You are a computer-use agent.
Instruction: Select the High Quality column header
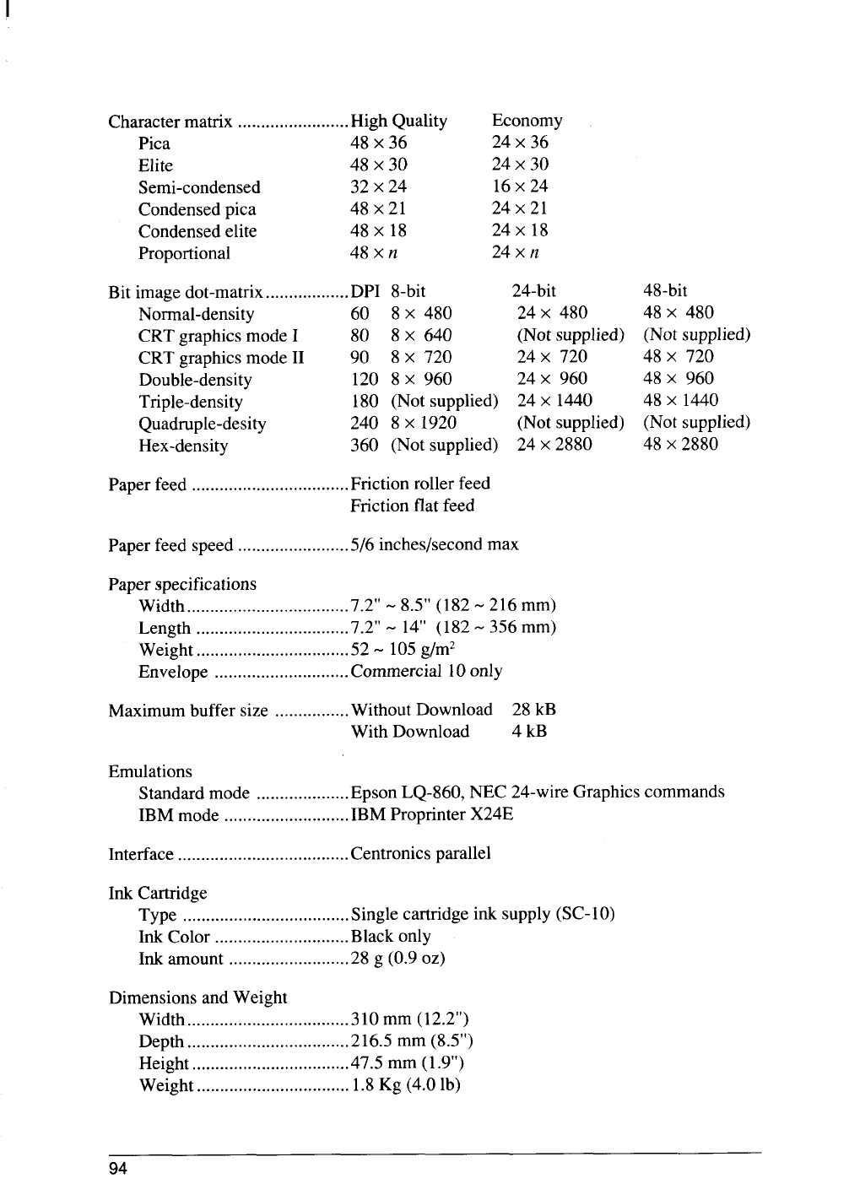[398, 122]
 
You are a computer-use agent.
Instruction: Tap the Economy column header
[527, 122]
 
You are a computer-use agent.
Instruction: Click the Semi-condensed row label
[199, 187]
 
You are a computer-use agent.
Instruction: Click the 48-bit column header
[665, 292]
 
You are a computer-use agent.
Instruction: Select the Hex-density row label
[183, 446]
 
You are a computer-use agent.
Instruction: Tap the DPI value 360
[364, 445]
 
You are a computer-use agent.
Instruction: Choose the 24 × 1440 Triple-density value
[554, 401]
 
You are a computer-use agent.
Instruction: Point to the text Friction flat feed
[412, 505]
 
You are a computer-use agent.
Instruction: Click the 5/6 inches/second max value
[434, 544]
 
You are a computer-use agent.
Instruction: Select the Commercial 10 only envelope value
[426, 671]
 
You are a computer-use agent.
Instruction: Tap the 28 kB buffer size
[533, 710]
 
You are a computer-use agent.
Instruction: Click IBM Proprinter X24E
[431, 814]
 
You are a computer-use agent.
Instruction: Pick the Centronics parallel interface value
[420, 853]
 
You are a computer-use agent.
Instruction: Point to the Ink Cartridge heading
[158, 893]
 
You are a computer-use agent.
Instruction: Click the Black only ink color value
[391, 936]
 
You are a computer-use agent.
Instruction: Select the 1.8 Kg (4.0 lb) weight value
[405, 1084]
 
